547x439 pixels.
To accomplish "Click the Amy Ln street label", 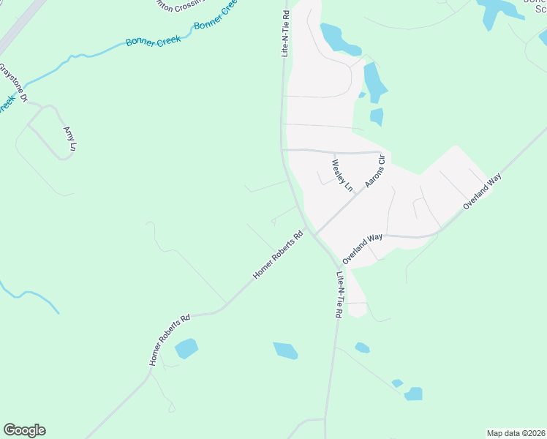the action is click(70, 138).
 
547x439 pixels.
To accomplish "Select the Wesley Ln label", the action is click(342, 176).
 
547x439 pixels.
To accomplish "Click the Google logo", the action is click(24, 430).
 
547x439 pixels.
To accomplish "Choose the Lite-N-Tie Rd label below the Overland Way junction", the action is click(339, 295).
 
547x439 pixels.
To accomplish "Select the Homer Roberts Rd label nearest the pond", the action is click(170, 340).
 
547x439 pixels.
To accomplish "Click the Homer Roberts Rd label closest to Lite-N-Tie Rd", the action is click(278, 256).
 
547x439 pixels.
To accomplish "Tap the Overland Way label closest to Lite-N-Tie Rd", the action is click(362, 249).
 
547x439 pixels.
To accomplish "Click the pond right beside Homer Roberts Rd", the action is click(186, 348).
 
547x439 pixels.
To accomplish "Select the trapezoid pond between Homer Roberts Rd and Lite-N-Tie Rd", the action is click(286, 350).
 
